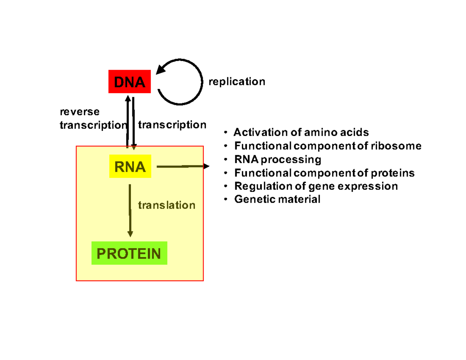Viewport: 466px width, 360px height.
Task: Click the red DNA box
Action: pyautogui.click(x=130, y=82)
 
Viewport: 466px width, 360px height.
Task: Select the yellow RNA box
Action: pyautogui.click(x=130, y=167)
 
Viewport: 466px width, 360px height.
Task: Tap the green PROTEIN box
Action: pyautogui.click(x=129, y=254)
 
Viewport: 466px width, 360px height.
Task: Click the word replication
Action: pyautogui.click(x=237, y=82)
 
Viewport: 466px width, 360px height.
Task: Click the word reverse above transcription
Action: pyautogui.click(x=79, y=112)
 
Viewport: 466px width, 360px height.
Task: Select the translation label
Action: pyautogui.click(x=167, y=205)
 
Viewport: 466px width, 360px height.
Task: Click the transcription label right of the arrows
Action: pyautogui.click(x=172, y=125)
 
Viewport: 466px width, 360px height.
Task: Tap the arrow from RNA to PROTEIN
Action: pyautogui.click(x=130, y=210)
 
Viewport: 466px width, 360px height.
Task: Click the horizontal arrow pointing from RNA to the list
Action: pyautogui.click(x=183, y=167)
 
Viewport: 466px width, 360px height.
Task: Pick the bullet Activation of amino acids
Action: pyautogui.click(x=301, y=133)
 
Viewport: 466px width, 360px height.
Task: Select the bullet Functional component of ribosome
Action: pyautogui.click(x=327, y=146)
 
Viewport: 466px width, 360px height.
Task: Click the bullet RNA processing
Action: pyautogui.click(x=278, y=160)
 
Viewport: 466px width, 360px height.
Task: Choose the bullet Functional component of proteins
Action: pyautogui.click(x=324, y=173)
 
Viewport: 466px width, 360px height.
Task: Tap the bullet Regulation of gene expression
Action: pyautogui.click(x=316, y=186)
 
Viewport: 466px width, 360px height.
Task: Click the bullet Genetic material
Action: pyautogui.click(x=277, y=200)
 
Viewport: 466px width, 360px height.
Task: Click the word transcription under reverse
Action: pyautogui.click(x=93, y=125)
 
